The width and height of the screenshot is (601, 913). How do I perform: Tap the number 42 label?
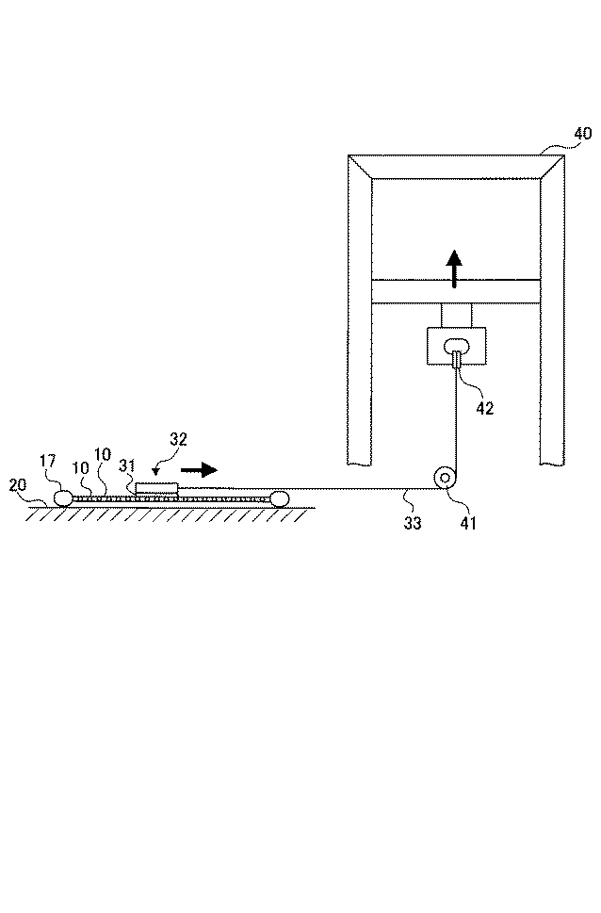tap(484, 408)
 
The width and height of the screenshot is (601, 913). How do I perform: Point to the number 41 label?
tap(467, 522)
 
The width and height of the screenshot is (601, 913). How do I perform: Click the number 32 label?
tap(179, 438)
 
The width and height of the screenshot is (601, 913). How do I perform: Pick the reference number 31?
tap(129, 465)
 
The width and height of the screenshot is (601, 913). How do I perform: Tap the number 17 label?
tap(49, 462)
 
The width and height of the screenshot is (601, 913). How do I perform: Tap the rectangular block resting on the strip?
tap(155, 488)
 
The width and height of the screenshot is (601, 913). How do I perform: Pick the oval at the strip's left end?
tap(63, 497)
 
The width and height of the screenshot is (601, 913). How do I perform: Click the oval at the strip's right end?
tap(280, 497)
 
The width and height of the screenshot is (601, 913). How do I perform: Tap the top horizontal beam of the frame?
tap(456, 166)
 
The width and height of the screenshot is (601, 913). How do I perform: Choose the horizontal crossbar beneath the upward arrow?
tap(456, 291)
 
